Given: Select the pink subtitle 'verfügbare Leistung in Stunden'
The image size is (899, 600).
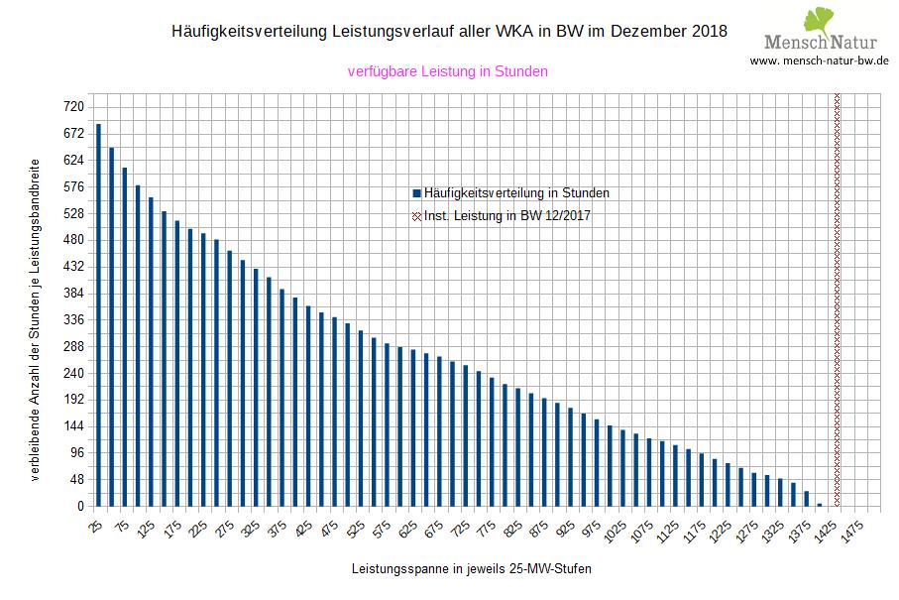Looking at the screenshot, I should (448, 71).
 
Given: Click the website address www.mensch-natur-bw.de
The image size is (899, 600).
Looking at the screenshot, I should (819, 60).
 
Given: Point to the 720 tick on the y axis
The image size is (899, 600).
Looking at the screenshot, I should (73, 107).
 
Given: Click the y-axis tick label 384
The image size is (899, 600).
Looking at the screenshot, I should (73, 294).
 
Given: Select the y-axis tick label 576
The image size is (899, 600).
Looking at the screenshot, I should (73, 187).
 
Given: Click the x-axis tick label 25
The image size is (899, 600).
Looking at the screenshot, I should (95, 526).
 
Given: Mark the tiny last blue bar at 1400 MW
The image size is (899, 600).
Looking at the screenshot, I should (819, 505).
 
